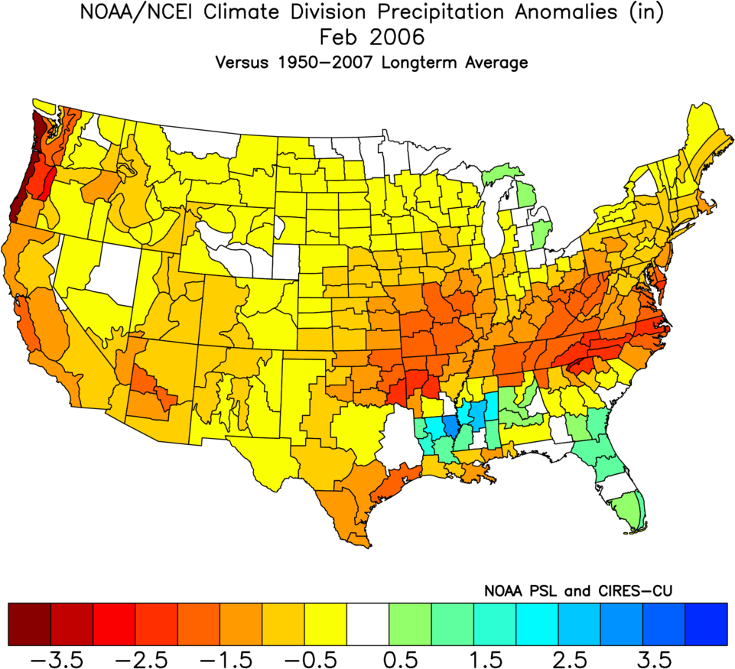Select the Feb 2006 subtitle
(x=367, y=37)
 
